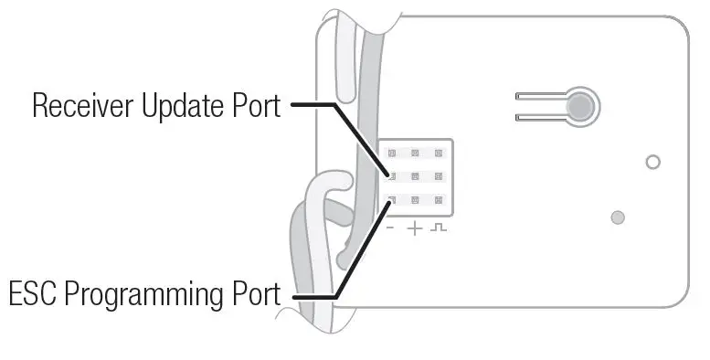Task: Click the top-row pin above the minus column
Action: pyautogui.click(x=392, y=154)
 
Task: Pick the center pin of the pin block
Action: pyautogui.click(x=415, y=176)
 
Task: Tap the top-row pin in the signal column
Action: pyautogui.click(x=439, y=154)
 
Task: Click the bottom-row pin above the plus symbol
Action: pyautogui.click(x=415, y=199)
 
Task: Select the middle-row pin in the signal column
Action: pyautogui.click(x=439, y=176)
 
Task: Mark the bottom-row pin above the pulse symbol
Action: pyautogui.click(x=439, y=199)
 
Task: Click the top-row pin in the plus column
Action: pyautogui.click(x=415, y=154)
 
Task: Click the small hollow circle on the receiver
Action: pyautogui.click(x=652, y=163)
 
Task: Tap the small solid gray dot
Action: pyautogui.click(x=618, y=217)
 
